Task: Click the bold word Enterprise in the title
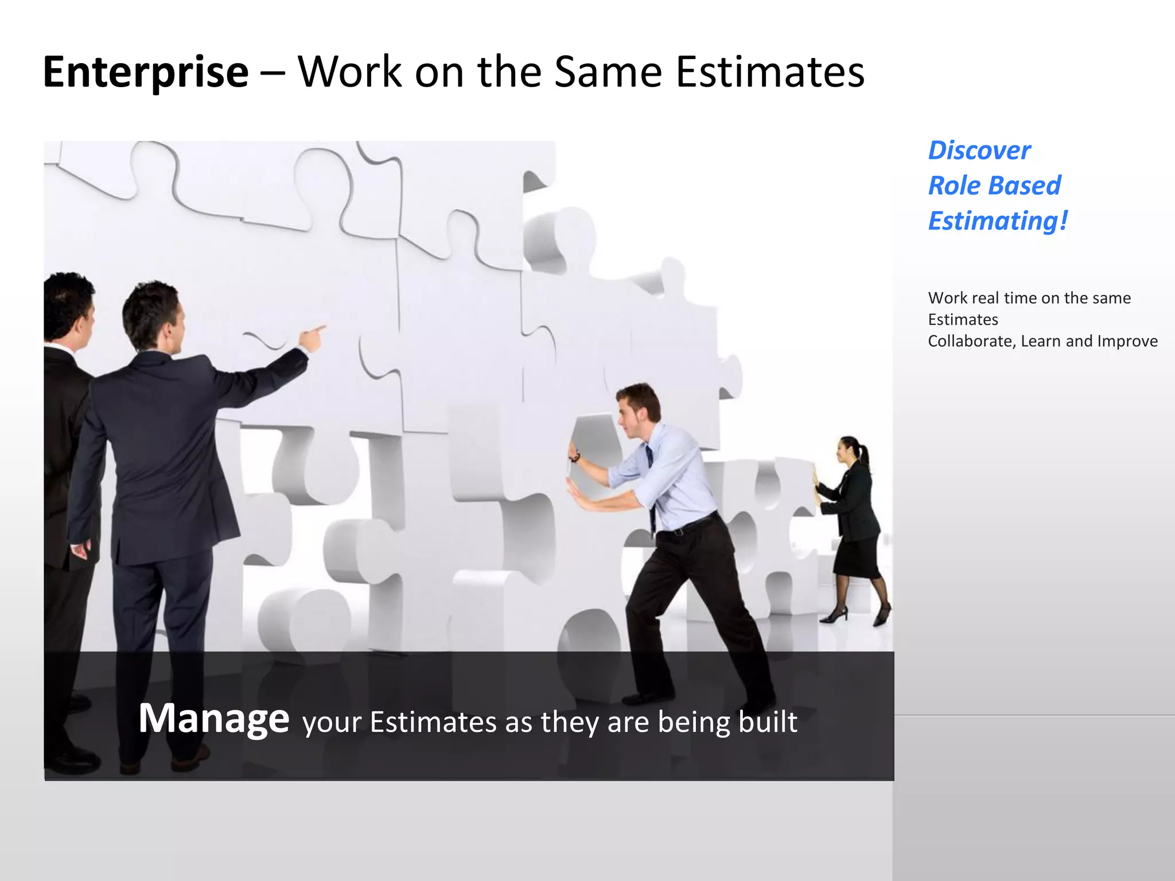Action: pyautogui.click(x=146, y=72)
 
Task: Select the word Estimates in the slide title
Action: pyautogui.click(x=770, y=72)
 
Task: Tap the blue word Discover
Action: pyautogui.click(x=979, y=151)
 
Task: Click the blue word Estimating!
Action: pyautogui.click(x=998, y=221)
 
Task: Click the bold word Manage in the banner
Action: pyautogui.click(x=213, y=719)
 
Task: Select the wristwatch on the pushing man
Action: pyautogui.click(x=574, y=457)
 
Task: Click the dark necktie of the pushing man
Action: pyautogui.click(x=651, y=482)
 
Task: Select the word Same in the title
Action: pyautogui.click(x=608, y=72)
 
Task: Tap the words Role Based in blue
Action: pyautogui.click(x=994, y=186)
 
